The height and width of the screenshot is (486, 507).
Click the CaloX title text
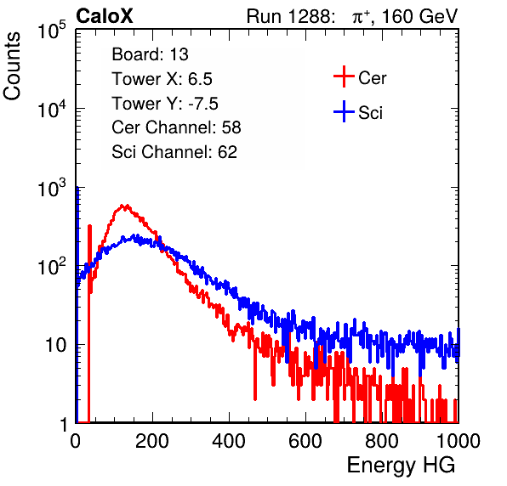click(104, 16)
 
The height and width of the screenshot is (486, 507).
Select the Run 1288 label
click(289, 16)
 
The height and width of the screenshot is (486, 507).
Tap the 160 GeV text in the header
click(420, 16)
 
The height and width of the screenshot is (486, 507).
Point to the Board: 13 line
click(150, 54)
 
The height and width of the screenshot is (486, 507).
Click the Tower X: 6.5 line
click(162, 79)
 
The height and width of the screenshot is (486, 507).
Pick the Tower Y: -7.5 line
click(165, 104)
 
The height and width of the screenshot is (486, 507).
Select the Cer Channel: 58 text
click(176, 127)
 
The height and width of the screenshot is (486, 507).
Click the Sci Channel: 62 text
click(174, 152)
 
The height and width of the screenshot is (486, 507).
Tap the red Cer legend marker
click(344, 76)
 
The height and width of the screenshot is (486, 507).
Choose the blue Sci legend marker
click(344, 111)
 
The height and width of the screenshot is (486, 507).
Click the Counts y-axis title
click(12, 66)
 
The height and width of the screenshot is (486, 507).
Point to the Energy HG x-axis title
click(401, 466)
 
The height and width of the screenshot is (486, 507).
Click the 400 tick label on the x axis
click(229, 441)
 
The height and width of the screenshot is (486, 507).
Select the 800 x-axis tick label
click(382, 441)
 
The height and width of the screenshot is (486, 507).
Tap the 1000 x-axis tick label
click(459, 441)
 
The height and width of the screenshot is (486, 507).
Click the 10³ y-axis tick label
click(52, 188)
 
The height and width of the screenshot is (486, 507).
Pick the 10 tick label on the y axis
click(55, 345)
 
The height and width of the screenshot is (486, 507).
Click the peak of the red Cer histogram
click(122, 205)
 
